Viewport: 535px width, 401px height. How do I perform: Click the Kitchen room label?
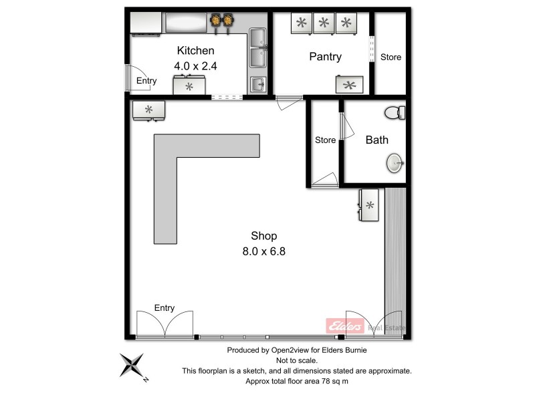tap(195, 51)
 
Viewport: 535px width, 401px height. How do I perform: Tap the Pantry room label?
tap(325, 57)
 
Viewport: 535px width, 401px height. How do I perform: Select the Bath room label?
tap(377, 140)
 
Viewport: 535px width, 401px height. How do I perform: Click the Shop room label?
tap(263, 236)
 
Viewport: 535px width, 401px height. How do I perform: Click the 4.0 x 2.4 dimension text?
tap(195, 66)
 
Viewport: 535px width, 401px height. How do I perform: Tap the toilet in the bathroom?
tap(396, 112)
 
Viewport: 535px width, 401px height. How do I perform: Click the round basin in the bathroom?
tap(395, 162)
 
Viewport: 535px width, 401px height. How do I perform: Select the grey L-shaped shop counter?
tap(181, 167)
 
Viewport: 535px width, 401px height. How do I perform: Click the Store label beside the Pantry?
tap(391, 57)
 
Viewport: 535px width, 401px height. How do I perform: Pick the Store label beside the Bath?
tap(325, 140)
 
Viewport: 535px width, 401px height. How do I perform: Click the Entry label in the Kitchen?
tap(146, 81)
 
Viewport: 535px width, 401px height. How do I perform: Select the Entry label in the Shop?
tap(164, 308)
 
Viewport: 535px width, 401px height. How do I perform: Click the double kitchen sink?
tap(258, 48)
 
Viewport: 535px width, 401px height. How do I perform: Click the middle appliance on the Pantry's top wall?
tap(324, 23)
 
